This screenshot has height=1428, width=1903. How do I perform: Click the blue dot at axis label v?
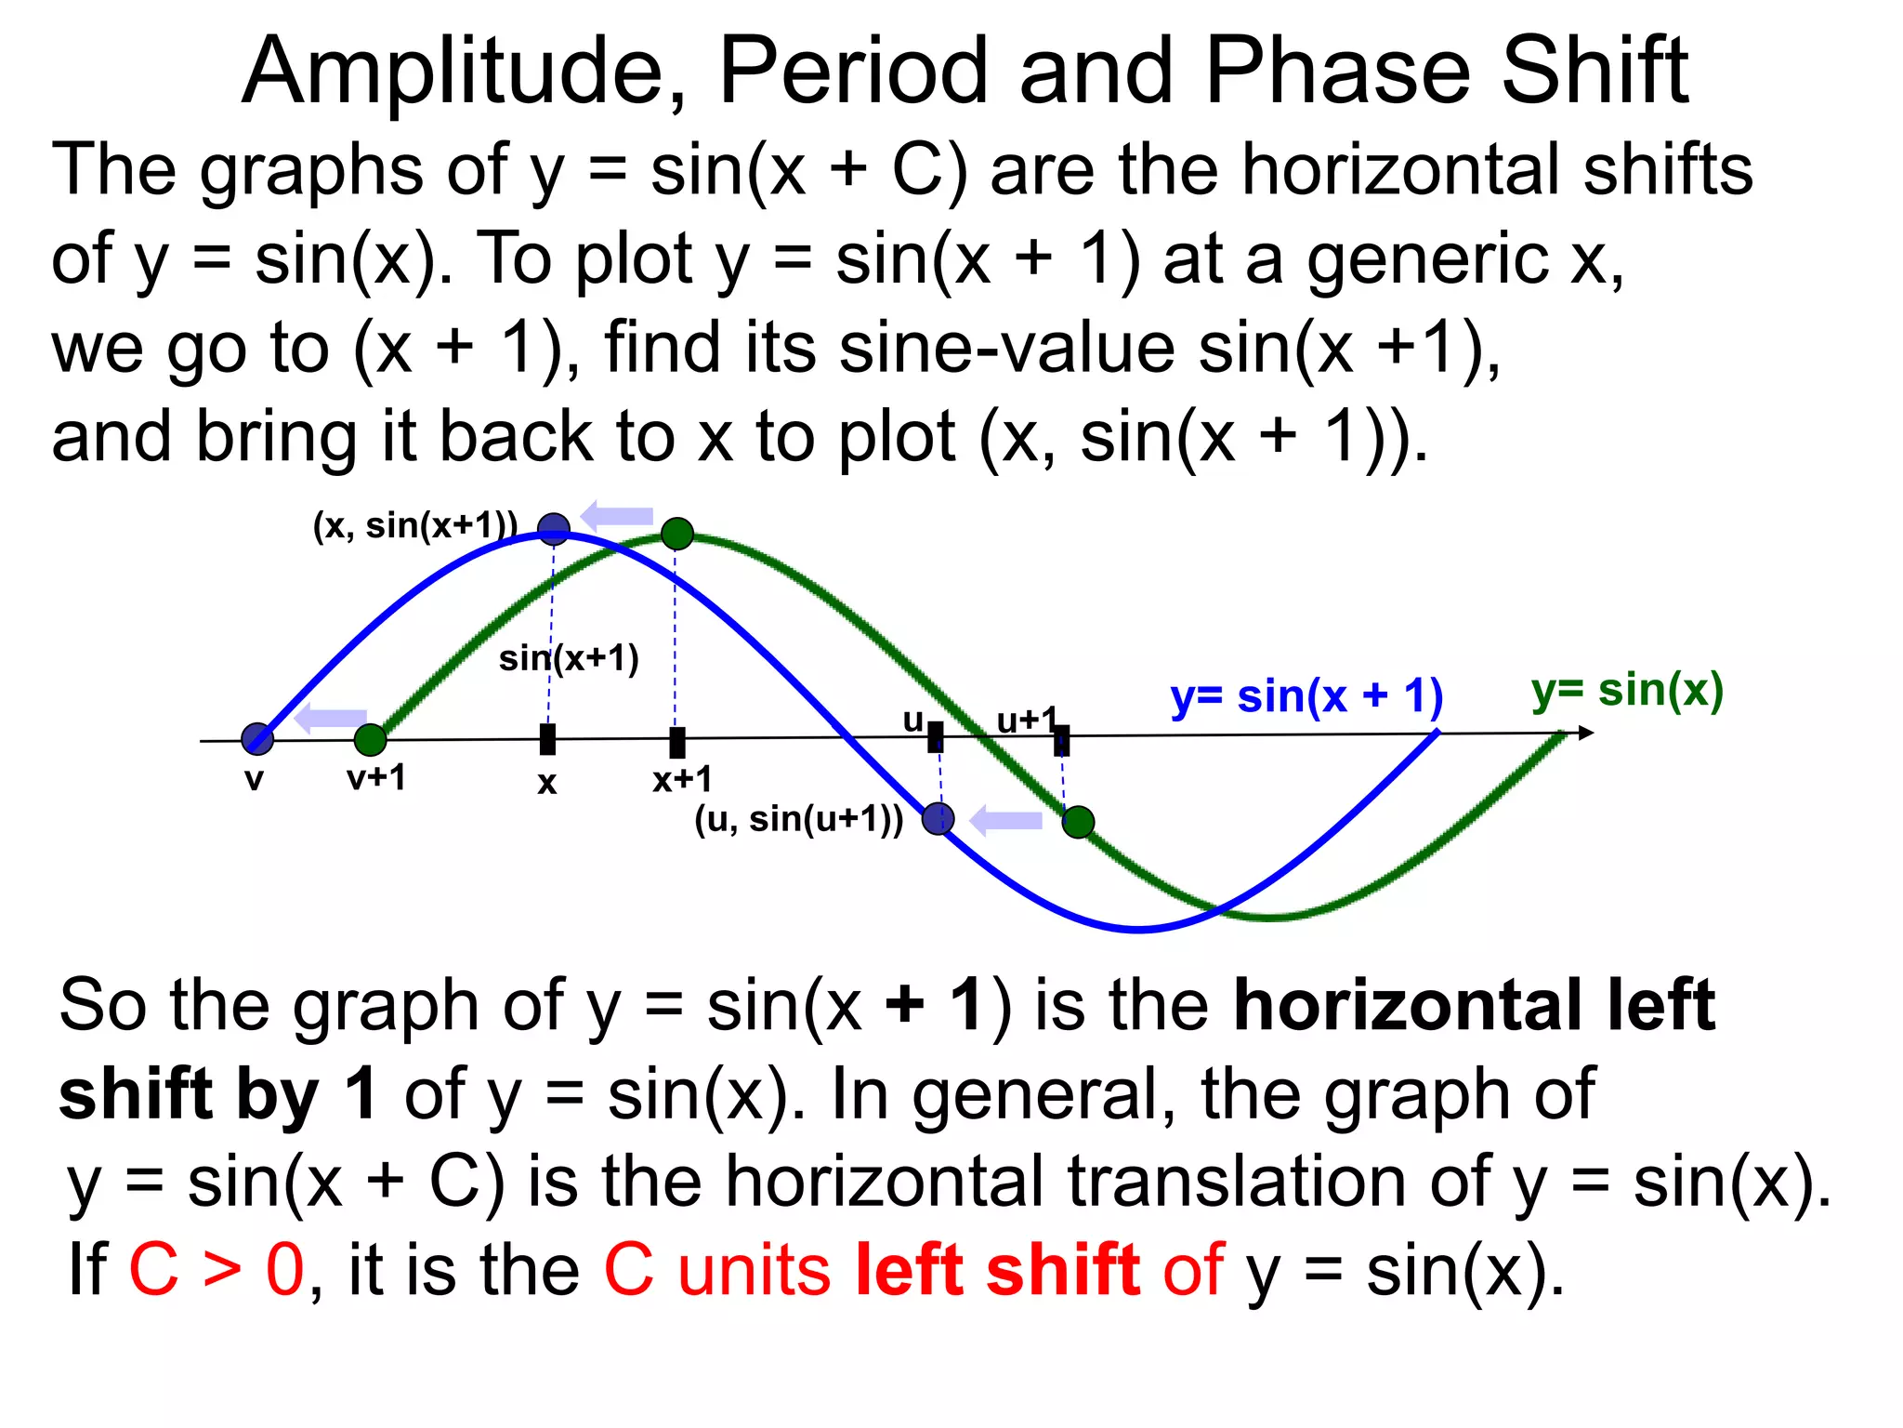[x=257, y=739]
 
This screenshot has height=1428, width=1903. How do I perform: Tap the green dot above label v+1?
[x=370, y=740]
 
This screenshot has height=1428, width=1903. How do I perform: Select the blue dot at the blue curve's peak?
[x=554, y=529]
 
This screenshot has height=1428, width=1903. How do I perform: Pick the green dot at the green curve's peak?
[x=677, y=534]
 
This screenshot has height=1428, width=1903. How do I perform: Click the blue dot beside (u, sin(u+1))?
[x=938, y=819]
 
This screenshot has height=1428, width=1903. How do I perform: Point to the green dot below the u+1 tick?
[x=1078, y=822]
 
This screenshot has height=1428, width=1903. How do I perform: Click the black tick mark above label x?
[x=548, y=740]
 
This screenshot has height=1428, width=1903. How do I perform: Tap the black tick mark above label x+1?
[x=677, y=742]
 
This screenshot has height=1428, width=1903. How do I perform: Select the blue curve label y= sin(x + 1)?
[x=1306, y=696]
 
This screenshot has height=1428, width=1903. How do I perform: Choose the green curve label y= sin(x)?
[x=1627, y=691]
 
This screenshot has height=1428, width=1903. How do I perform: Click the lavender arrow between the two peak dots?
[x=616, y=515]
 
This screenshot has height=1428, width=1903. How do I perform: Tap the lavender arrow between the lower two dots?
[x=1005, y=821]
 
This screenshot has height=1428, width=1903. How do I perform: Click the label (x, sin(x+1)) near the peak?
[x=414, y=526]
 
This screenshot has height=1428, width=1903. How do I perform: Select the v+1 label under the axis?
[x=376, y=778]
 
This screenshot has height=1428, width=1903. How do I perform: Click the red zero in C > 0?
[x=284, y=1270]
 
